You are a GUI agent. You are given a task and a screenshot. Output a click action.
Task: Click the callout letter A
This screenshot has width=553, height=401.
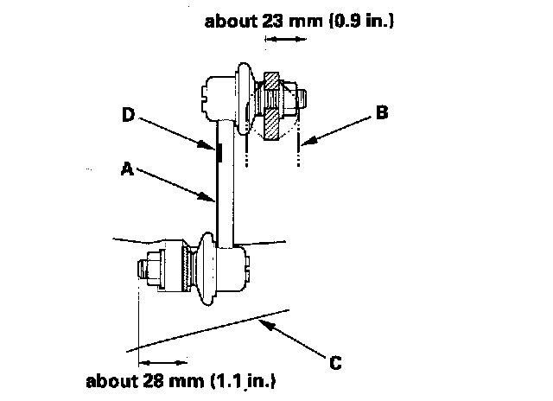point(126,170)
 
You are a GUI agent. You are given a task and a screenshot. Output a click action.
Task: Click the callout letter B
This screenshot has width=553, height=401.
point(383,111)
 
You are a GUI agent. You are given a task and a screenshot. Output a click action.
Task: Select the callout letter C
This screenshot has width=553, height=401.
point(336,362)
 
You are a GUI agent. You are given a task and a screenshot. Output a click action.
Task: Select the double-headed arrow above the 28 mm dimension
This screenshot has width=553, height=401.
point(162,361)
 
